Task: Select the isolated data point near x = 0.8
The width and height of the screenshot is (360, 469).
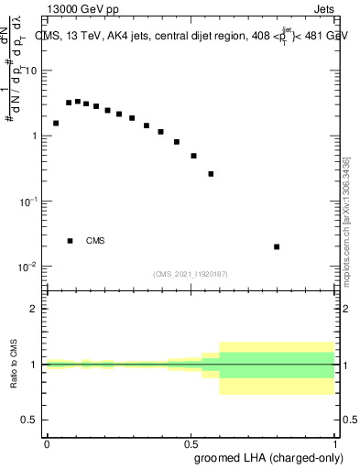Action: point(277,246)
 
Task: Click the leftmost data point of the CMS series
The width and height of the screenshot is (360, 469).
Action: point(56,123)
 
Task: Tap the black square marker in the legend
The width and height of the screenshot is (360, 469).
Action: point(70,241)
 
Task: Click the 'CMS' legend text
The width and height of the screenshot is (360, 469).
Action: point(95,241)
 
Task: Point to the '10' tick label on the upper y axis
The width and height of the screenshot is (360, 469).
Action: point(31,71)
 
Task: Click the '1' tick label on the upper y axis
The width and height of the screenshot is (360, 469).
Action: point(34,136)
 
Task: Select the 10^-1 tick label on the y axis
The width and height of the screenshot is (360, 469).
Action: point(29,201)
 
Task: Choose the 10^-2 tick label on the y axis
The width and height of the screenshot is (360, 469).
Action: point(29,267)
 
